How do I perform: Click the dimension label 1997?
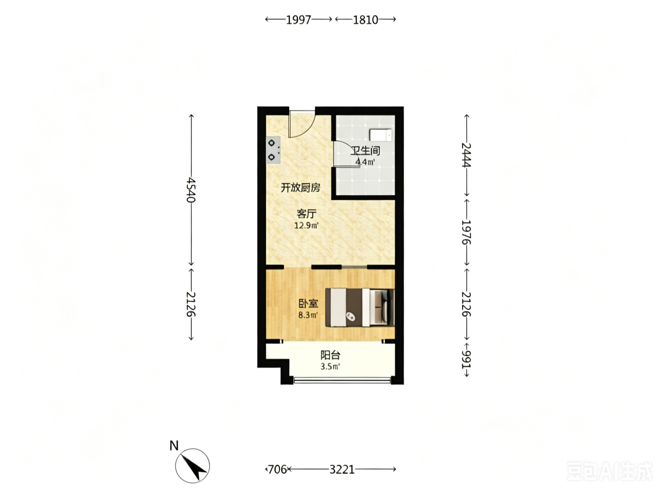coord(298,20)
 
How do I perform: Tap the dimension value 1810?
coord(365,20)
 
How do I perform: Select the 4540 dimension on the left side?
coord(191,190)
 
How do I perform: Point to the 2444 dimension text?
coord(466,155)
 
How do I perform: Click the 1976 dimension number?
coord(466,232)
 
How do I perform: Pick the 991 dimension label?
coord(466,360)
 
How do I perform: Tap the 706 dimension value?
coord(277,469)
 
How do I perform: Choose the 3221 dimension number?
coord(342,469)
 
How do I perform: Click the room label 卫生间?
coord(365,150)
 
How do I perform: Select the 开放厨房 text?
coord(301,187)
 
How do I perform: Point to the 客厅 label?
coord(306,213)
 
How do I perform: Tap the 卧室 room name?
coord(308,303)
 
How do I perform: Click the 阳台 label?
coord(330,355)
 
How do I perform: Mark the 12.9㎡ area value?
coord(306,225)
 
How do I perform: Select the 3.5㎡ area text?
coord(330,366)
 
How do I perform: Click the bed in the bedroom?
coord(360,307)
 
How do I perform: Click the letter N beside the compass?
coord(174,446)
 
